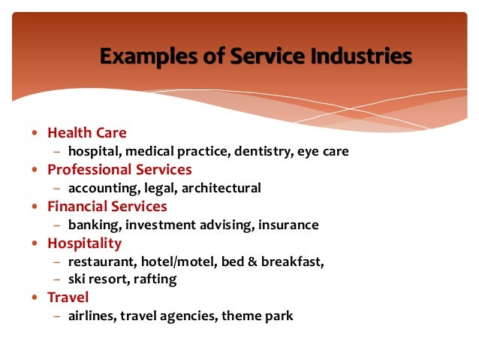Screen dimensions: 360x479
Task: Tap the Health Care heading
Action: pos(87,133)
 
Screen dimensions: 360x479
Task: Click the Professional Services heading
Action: pos(119,170)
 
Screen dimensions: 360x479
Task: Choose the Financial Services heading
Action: pos(107,206)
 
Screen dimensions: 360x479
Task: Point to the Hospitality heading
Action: pos(84,243)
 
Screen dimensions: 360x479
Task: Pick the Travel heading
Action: pos(68,297)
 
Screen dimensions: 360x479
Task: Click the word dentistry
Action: pos(263,152)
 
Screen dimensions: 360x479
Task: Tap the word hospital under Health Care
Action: pos(92,152)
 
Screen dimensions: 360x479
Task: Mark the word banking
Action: pos(93,225)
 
